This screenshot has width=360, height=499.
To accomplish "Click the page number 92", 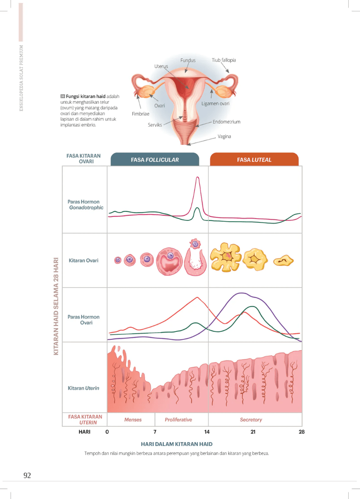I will click(27, 475).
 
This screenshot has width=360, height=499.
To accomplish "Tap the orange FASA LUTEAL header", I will click(254, 160).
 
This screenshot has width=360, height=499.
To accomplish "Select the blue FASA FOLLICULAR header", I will click(155, 160).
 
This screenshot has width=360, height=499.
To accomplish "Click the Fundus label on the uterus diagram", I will click(188, 60).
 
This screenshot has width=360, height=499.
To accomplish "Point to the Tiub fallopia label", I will click(224, 60).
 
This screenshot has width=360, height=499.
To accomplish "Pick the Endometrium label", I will click(227, 122).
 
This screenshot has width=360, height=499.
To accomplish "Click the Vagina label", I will click(224, 137).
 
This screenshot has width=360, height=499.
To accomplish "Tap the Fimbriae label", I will click(141, 114).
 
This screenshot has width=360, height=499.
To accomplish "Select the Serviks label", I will click(155, 125).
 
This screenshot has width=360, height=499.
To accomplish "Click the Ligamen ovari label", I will click(216, 104).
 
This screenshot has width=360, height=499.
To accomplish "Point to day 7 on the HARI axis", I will click(155, 432).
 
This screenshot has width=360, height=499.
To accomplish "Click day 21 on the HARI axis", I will click(253, 432).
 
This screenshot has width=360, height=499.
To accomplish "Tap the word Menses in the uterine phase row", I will click(133, 420).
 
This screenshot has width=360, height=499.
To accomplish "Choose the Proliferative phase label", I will click(178, 420).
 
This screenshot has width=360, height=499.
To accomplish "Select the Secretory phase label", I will click(251, 420).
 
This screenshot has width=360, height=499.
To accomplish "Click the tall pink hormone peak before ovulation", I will click(197, 178).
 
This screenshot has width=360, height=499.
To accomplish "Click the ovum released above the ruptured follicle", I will click(195, 244).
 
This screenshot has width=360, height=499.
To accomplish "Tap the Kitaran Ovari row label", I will click(84, 260).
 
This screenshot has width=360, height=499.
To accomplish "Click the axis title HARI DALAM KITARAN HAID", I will click(177, 444).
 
